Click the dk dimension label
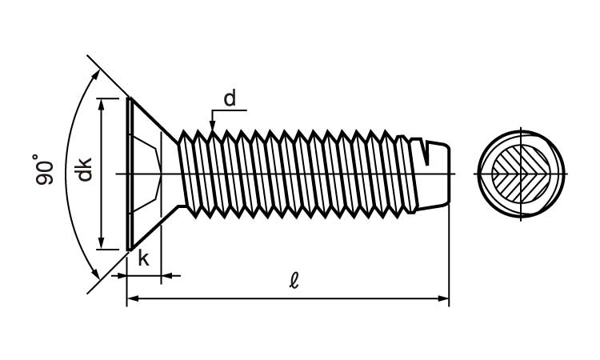click(84, 170)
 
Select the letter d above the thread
click(230, 98)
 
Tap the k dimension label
click(144, 258)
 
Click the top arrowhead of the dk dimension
click(102, 105)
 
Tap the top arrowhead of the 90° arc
click(98, 74)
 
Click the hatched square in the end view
click(521, 174)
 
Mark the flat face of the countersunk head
click(128, 174)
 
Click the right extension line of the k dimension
click(162, 256)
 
